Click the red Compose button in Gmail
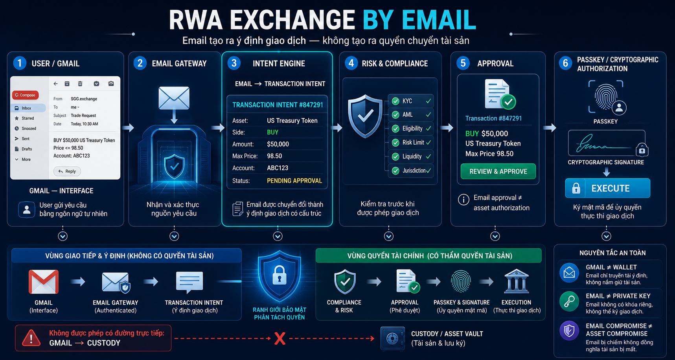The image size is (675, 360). (x=26, y=95)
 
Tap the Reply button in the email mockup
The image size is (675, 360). (x=67, y=171)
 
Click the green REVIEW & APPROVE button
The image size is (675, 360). (x=498, y=171)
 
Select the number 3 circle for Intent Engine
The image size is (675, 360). (x=234, y=63)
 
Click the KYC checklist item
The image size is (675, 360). (x=411, y=101)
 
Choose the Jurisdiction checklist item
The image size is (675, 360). (x=411, y=171)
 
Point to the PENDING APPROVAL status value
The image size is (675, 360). (x=294, y=181)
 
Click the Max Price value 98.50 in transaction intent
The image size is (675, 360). (x=274, y=156)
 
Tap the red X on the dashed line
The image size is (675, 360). (x=280, y=338)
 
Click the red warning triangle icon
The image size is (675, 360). (x=31, y=338)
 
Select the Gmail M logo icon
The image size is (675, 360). (x=44, y=282)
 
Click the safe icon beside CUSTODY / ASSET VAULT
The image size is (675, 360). (x=392, y=338)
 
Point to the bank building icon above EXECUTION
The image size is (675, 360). (x=516, y=281)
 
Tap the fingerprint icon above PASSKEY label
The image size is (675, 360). (x=606, y=97)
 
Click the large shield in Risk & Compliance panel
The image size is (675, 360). (x=365, y=116)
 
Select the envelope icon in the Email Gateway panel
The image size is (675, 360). (x=174, y=98)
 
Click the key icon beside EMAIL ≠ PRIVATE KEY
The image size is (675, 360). (x=569, y=301)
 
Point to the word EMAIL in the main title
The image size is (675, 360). (x=439, y=20)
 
